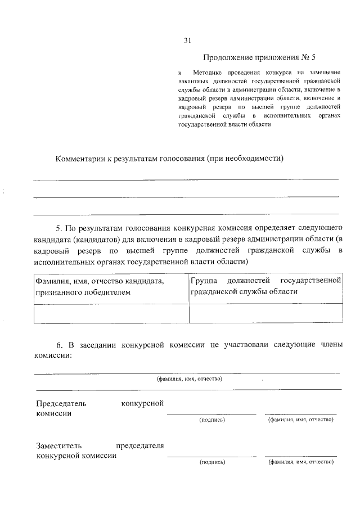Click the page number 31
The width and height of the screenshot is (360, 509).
(188, 40)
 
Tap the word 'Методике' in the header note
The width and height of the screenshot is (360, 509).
(209, 73)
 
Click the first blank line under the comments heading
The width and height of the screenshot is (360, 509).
(186, 179)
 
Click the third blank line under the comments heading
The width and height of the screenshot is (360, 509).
(186, 214)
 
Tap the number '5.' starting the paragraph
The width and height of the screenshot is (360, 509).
(61, 230)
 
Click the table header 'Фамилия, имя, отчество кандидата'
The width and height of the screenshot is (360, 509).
(100, 280)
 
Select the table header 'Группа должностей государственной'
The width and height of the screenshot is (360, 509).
(265, 280)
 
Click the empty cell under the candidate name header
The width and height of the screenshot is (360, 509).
(111, 313)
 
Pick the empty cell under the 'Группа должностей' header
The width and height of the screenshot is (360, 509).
(265, 313)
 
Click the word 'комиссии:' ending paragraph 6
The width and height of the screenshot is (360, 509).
(53, 355)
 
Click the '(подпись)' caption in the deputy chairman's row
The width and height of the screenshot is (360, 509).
(212, 462)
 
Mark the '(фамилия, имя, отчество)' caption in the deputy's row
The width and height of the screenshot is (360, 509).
(300, 462)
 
